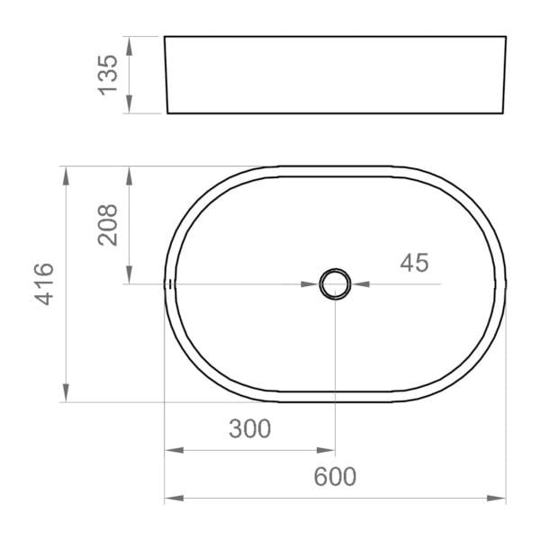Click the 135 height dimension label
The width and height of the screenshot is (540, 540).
coord(107,75)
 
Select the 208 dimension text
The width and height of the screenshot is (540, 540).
coord(107,225)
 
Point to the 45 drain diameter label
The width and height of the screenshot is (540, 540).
coord(413,263)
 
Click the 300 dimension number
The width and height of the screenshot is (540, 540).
coord(249,429)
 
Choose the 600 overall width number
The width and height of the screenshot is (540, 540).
coord(335,477)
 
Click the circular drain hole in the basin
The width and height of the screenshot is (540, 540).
coord(335,283)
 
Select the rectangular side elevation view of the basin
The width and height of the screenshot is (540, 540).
coord(335,75)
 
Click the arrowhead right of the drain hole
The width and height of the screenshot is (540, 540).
coord(359,283)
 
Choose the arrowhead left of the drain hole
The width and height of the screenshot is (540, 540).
coord(310,283)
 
